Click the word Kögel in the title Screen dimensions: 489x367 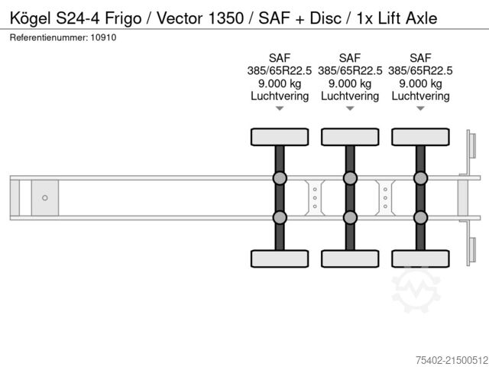pos(30,18)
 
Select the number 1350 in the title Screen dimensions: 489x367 pos(225,18)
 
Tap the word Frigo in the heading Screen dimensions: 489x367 pos(123,18)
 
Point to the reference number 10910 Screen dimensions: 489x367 pos(103,37)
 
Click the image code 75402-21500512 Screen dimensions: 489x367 pos(452,360)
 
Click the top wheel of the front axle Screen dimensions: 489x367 pos(280,137)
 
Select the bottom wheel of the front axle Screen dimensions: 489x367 pos(280,258)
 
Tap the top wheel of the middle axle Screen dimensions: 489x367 pos(350,137)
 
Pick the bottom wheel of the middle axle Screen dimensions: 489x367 pos(350,258)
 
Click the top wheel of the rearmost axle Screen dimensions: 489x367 pos(420,137)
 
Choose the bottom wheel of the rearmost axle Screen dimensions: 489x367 pos(420,258)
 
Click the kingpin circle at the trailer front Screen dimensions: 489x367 pos(45,198)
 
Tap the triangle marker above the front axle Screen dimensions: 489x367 pos(280,109)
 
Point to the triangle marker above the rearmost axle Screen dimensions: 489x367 pos(420,109)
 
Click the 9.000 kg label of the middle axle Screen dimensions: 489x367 pos(350,83)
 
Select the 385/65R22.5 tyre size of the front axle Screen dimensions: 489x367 pos(280,71)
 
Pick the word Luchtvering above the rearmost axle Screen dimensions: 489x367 pos(420,96)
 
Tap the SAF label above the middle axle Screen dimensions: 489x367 pos(350,58)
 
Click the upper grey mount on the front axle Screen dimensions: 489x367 pos(280,178)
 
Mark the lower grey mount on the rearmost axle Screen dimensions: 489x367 pos(420,217)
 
